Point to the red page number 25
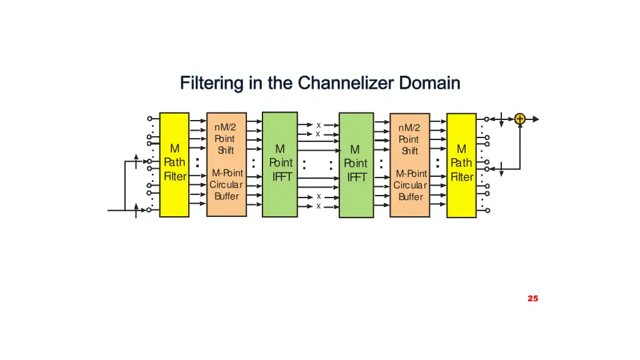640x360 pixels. pyautogui.click(x=532, y=299)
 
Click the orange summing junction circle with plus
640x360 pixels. pyautogui.click(x=520, y=119)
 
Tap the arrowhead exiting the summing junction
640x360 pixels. pyautogui.click(x=534, y=119)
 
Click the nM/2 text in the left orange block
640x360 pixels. pyautogui.click(x=225, y=127)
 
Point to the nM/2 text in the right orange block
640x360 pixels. pyautogui.click(x=409, y=128)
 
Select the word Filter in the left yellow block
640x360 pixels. pyautogui.click(x=175, y=176)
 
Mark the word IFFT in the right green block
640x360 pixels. pyautogui.click(x=357, y=177)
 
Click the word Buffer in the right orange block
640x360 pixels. pyautogui.click(x=411, y=197)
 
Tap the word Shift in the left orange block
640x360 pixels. pyautogui.click(x=225, y=151)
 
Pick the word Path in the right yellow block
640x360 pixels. pyautogui.click(x=462, y=163)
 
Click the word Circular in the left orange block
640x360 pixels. pyautogui.click(x=226, y=185)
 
